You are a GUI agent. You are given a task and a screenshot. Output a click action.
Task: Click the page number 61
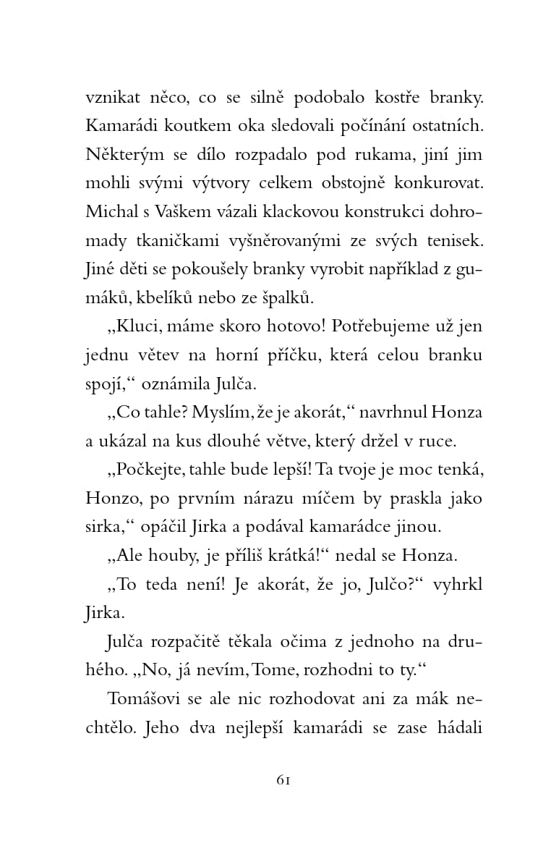pos(283,779)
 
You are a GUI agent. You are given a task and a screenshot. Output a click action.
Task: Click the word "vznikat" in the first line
pos(111,98)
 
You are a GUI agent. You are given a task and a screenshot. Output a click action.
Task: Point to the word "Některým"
pos(119,154)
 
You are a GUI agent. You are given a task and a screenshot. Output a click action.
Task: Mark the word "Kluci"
pos(141,326)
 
